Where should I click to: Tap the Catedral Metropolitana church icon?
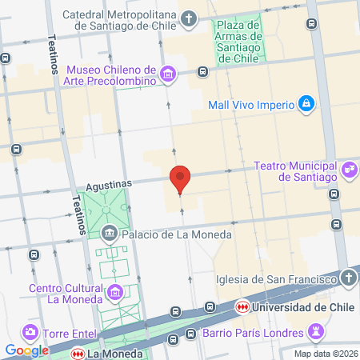[x=189, y=18]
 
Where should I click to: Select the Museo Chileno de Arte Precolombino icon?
[x=168, y=75]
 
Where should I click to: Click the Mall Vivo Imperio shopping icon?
[x=306, y=104]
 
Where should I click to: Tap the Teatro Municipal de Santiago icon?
[x=349, y=170]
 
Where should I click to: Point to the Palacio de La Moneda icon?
[x=110, y=234]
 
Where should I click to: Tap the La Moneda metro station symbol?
[x=78, y=352]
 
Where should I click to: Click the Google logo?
[x=27, y=350]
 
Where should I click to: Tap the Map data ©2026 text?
[x=325, y=353]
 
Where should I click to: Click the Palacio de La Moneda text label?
[x=176, y=234]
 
